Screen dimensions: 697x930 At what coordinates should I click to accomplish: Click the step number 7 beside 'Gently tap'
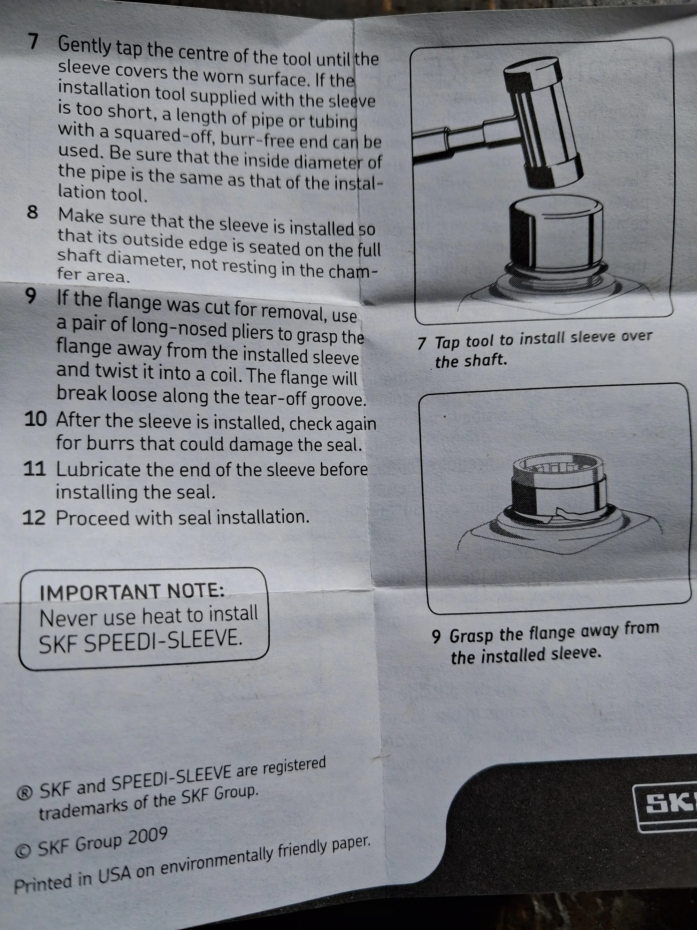[x=33, y=41]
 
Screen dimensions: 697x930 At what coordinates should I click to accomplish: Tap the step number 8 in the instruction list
[x=32, y=212]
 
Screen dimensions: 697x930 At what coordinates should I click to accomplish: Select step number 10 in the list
[x=35, y=419]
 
